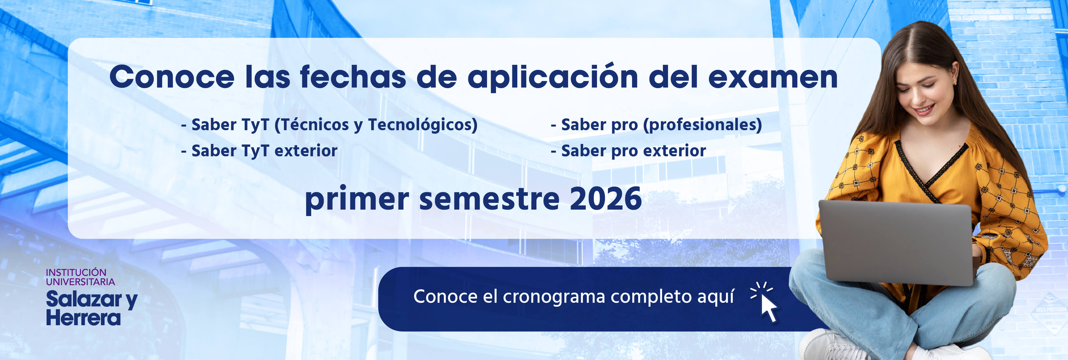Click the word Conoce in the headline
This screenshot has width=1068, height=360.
tap(172, 77)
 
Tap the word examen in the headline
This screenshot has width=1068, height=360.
tap(773, 77)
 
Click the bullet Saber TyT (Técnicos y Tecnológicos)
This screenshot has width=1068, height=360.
tap(330, 125)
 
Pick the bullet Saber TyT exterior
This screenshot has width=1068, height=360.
tap(259, 151)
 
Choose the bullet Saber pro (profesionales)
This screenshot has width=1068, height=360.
tap(656, 125)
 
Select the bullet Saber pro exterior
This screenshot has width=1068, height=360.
tap(628, 151)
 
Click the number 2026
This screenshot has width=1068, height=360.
tap(606, 199)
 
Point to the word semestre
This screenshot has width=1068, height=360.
tap(489, 200)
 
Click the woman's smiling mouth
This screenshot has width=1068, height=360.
tap(925, 110)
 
